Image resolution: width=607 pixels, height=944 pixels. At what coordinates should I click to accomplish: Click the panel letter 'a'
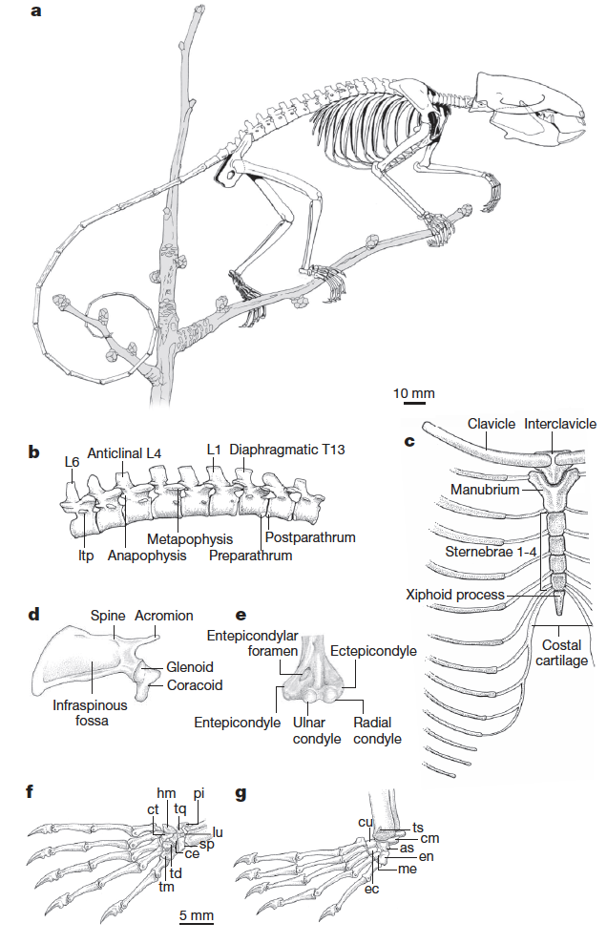36,11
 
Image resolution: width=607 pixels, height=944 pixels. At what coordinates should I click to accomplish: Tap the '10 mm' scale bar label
414,393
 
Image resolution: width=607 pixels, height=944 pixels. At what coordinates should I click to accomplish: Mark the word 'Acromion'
164,616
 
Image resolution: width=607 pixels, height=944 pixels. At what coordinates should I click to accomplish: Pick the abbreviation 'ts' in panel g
418,826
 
